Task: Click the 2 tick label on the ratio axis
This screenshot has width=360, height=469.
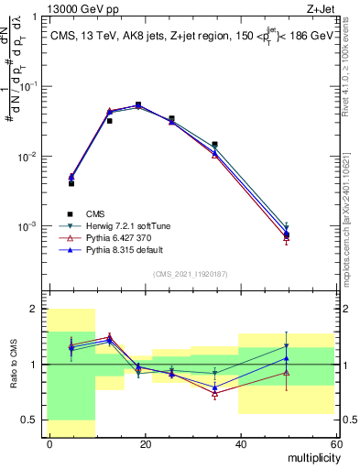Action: pos(33,309)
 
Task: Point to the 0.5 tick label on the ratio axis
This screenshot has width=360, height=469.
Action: pos(29,420)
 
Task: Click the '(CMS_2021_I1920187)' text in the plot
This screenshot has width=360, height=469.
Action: pos(191,273)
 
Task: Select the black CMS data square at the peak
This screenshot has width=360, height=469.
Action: pos(138,104)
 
